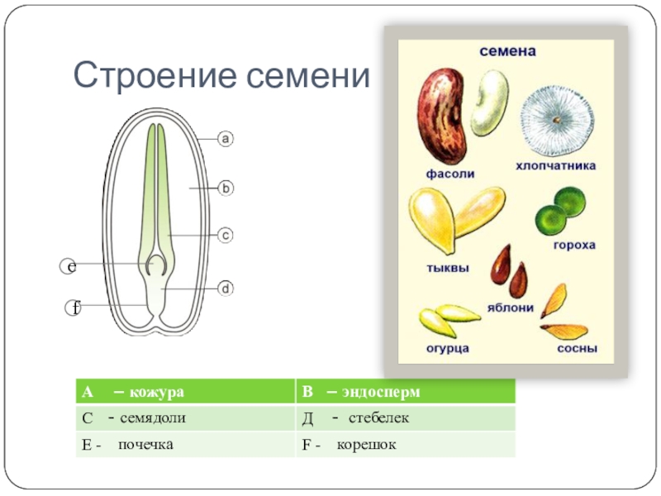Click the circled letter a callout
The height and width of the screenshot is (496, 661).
[x=226, y=139]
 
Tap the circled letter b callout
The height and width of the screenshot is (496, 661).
[x=226, y=188]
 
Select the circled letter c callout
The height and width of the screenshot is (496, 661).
[x=226, y=236]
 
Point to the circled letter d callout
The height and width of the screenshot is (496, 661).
[x=226, y=289]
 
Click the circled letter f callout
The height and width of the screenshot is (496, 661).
[x=74, y=308]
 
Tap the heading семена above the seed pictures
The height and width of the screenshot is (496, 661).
[x=508, y=51]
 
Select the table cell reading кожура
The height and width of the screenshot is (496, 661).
[x=185, y=391]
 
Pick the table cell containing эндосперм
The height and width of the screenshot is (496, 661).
[x=405, y=391]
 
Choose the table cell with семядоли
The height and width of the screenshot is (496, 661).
[x=185, y=417]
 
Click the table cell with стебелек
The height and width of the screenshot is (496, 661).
[x=405, y=417]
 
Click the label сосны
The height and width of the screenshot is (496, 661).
[x=577, y=348]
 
